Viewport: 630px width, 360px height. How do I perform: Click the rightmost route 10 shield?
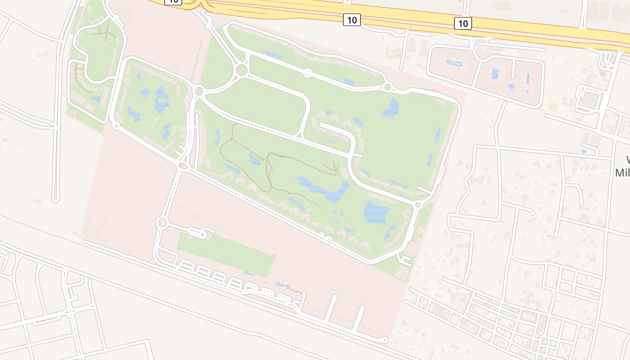[463, 23]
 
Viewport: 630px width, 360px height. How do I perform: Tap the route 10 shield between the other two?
[351, 20]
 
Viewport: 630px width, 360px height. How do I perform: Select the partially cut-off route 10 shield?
[173, 1]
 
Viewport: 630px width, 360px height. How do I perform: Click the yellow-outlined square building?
[553, 106]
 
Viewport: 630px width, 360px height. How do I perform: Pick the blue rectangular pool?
[495, 73]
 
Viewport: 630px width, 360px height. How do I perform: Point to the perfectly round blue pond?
[511, 86]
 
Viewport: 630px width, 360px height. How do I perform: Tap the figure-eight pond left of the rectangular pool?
[454, 63]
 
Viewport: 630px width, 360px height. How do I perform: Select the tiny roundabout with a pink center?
[116, 126]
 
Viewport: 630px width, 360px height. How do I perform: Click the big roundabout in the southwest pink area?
[162, 222]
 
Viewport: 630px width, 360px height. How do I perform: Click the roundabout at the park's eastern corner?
[418, 205]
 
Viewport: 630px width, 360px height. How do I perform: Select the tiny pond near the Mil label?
[583, 151]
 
